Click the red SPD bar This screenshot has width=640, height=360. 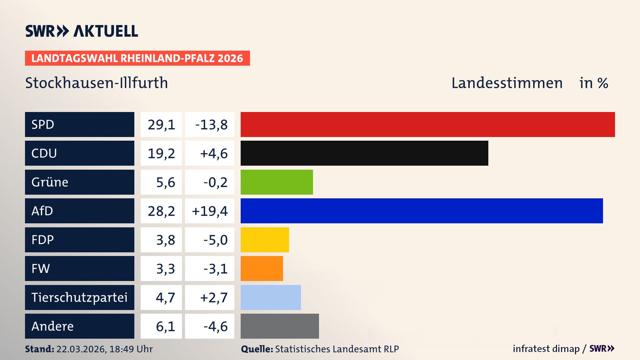coord(428,124)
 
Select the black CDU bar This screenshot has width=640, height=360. coord(364,153)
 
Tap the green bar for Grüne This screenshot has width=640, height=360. coord(277,182)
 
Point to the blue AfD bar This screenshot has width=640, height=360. coord(422,211)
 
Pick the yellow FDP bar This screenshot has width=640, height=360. coord(265,240)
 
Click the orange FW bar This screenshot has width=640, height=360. coord(262,268)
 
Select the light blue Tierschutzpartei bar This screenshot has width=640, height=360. coord(271,297)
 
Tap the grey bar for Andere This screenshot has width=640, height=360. coord(280,326)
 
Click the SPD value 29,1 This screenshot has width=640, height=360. coord(161,125)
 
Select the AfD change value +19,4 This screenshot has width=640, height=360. coord(210,211)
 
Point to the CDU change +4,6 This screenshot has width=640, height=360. coord(214,153)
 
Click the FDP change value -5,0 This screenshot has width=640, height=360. coord(215,240)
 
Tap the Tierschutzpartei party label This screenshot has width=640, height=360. coord(79,297)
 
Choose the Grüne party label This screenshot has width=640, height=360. coord(50,182)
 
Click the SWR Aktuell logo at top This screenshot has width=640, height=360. coord(82,31)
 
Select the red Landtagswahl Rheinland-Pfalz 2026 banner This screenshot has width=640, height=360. coord(137,58)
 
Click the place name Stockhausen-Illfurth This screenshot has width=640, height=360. coord(97,83)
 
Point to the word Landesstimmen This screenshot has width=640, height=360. coord(507,83)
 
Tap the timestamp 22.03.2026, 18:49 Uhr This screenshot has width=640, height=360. coord(104,349)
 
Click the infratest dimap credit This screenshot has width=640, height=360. coord(546,349)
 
